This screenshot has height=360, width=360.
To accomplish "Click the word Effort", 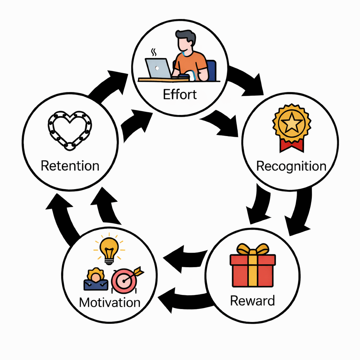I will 180,94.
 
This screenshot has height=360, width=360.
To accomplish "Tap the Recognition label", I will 291,166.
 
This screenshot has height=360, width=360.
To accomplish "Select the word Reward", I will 252,301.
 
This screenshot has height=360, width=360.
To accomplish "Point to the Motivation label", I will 110,302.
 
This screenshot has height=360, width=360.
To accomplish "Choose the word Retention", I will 70,166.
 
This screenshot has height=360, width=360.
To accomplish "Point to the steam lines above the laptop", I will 154,52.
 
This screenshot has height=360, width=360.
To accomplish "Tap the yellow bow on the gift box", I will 252,250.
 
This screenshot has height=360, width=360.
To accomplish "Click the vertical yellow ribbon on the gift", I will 252,271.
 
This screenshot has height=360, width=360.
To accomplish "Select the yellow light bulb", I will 109,249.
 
